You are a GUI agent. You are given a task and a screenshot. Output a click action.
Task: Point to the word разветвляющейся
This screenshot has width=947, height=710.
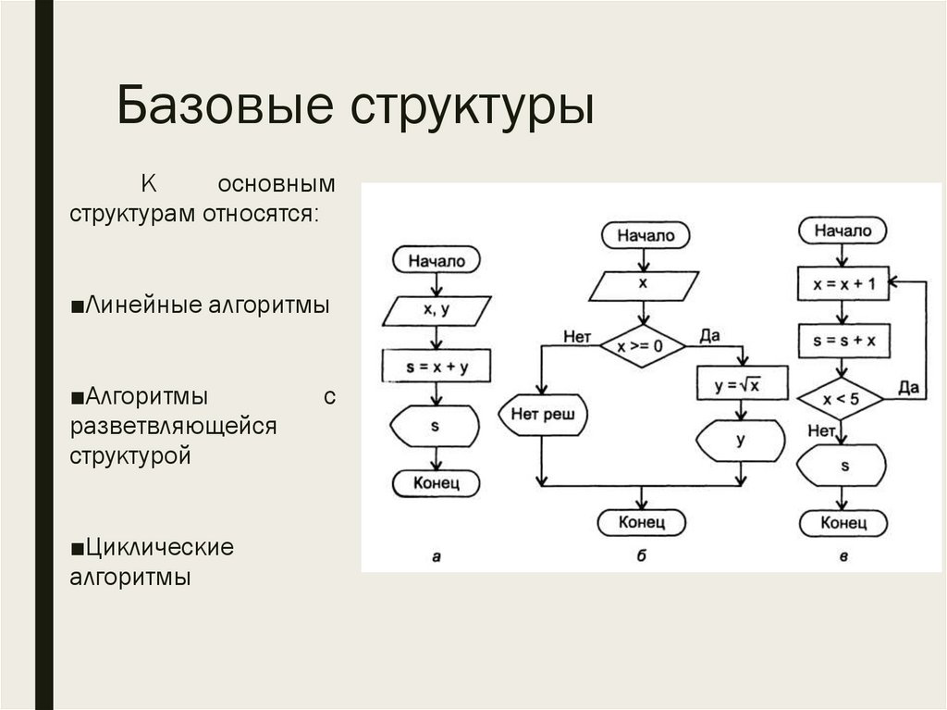[173, 426]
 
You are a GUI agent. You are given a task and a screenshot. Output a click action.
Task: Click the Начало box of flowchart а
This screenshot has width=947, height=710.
[436, 261]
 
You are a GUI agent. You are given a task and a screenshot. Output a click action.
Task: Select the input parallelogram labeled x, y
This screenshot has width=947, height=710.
[436, 311]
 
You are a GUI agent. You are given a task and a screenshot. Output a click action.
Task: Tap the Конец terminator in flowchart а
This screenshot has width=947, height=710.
[436, 481]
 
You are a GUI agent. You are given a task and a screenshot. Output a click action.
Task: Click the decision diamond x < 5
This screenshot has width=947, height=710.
[841, 400]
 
